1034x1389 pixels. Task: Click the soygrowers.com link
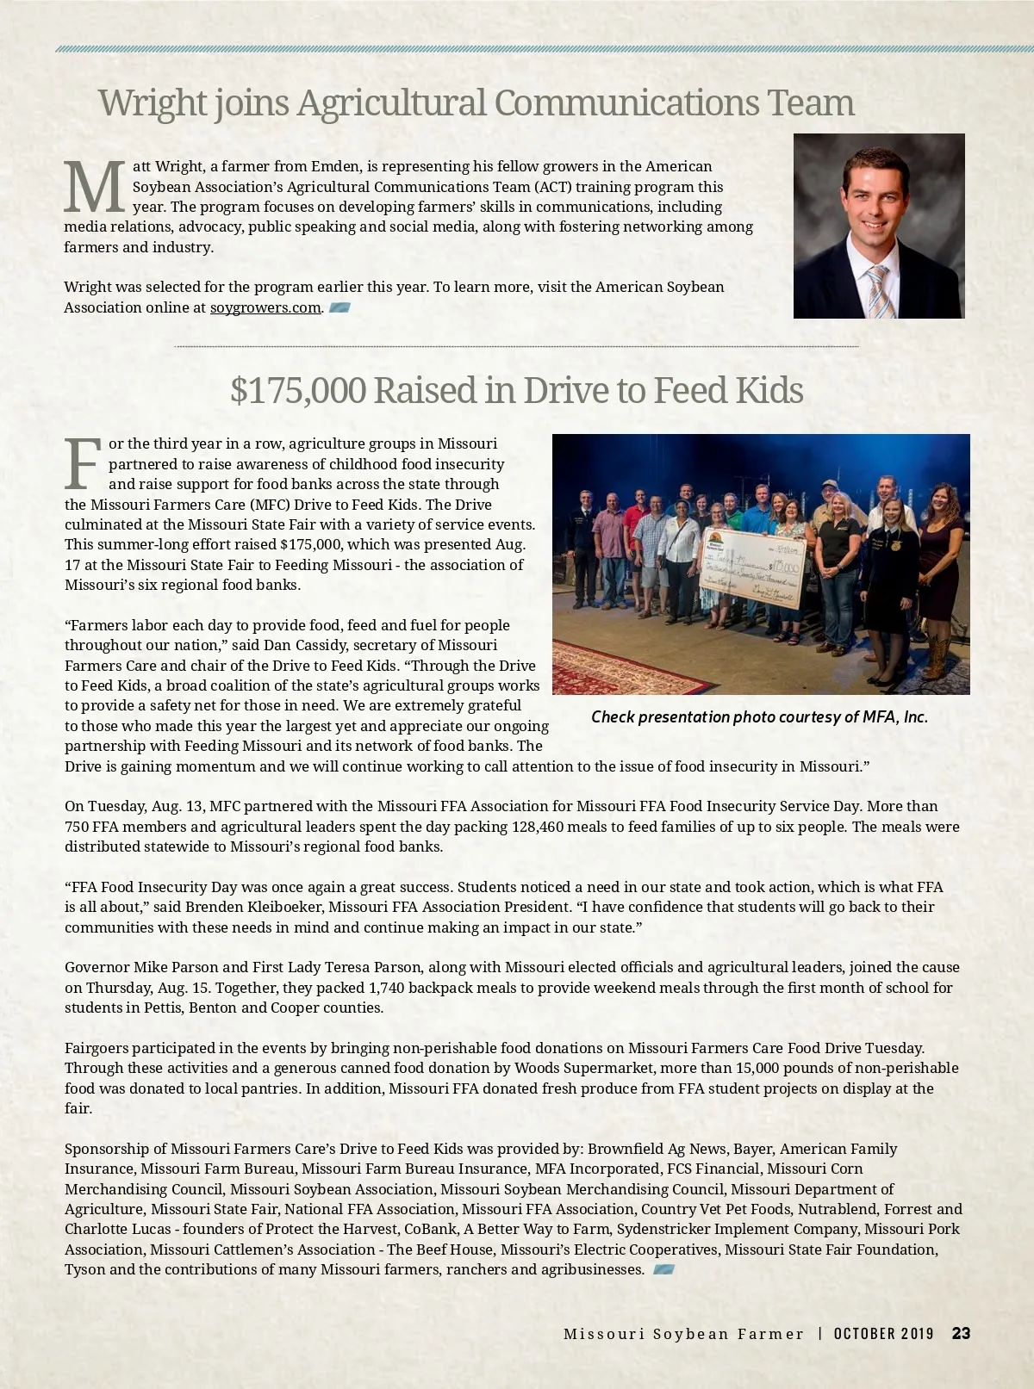265,307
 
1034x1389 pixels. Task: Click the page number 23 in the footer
961,1333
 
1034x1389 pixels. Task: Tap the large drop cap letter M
95,188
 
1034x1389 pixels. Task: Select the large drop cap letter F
83,464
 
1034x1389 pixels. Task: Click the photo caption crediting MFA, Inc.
759,717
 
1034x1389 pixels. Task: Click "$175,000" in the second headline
297,390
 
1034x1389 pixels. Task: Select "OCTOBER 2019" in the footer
883,1333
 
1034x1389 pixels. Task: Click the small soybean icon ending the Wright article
339,307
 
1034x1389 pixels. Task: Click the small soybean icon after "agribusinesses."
663,1269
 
